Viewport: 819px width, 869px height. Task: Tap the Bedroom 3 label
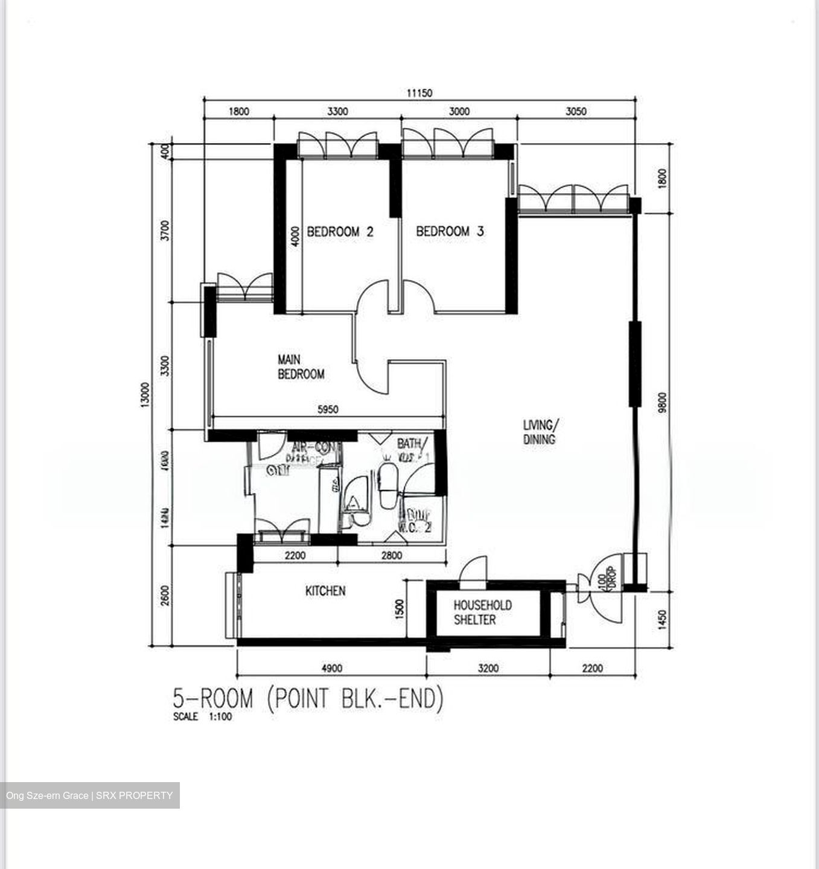click(x=450, y=231)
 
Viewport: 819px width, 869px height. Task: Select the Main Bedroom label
click(x=301, y=367)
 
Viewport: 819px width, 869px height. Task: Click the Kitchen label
click(x=325, y=591)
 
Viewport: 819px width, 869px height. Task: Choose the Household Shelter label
click(x=482, y=612)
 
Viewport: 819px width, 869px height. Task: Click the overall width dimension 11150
click(x=419, y=93)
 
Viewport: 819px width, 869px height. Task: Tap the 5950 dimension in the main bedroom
click(x=328, y=410)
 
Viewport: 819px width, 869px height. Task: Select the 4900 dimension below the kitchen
click(x=331, y=668)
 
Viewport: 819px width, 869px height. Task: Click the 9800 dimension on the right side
click(x=663, y=403)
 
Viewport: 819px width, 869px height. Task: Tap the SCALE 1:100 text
click(x=202, y=717)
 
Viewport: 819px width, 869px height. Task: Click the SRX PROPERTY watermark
click(x=89, y=795)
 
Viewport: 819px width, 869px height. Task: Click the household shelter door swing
click(x=473, y=571)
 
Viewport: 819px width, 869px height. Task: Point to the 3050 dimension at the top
click(x=576, y=111)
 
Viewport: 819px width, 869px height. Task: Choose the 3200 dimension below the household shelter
click(x=488, y=668)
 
